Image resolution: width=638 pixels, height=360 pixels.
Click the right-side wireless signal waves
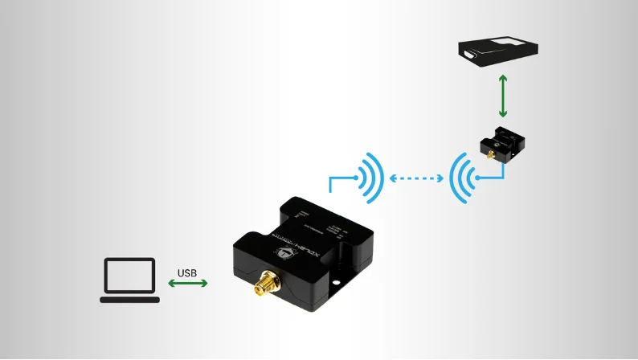(x=460, y=176)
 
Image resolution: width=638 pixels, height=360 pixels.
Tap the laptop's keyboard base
(x=129, y=299)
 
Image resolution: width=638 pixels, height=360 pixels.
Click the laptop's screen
(x=129, y=275)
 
